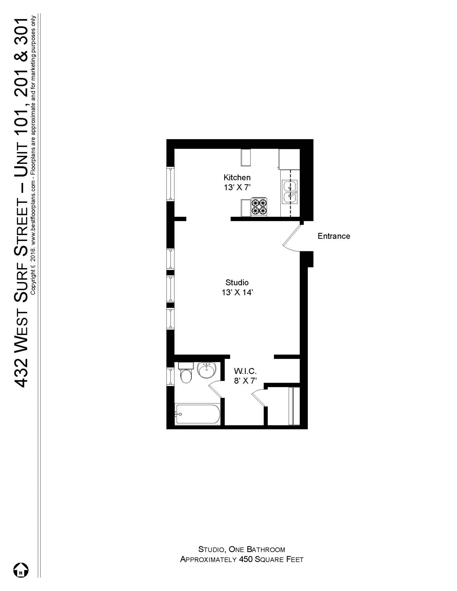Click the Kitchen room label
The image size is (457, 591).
tap(237, 177)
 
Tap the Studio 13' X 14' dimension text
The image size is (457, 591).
tap(237, 293)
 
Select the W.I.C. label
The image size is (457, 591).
tap(245, 371)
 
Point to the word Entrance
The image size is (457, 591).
tap(334, 236)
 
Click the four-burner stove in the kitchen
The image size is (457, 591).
tap(259, 207)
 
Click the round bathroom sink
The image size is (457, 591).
tap(206, 370)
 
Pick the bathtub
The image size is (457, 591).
tap(198, 414)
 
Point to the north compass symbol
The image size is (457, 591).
tap(21, 570)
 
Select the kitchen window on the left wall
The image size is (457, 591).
tap(170, 184)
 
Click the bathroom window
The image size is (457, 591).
tap(170, 376)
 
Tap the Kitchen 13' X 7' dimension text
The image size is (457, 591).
tap(237, 188)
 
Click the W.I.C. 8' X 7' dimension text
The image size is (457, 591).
tap(245, 381)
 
